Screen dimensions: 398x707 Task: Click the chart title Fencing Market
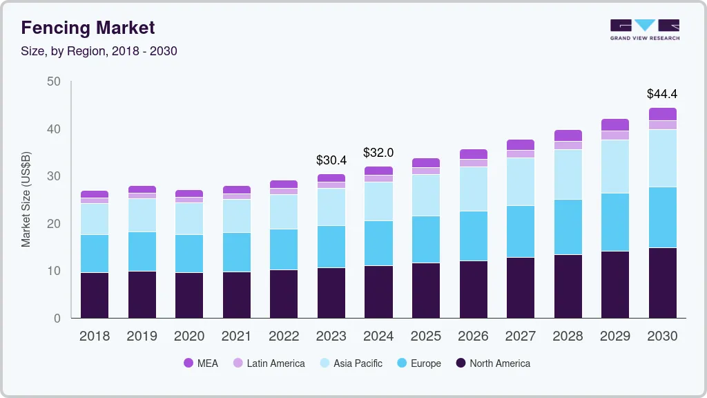pyautogui.click(x=88, y=28)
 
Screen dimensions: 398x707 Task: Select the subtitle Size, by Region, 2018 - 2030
pyautogui.click(x=99, y=51)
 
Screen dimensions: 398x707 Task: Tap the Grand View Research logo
pyautogui.click(x=644, y=30)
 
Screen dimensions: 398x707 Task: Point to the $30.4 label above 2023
pyautogui.click(x=331, y=160)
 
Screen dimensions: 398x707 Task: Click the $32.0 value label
pyautogui.click(x=378, y=153)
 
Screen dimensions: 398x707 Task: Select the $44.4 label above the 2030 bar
pyautogui.click(x=662, y=94)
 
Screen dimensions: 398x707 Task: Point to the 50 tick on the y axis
pyautogui.click(x=54, y=82)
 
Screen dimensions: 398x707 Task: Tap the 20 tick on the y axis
pyautogui.click(x=54, y=224)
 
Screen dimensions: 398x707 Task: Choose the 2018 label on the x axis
pyautogui.click(x=95, y=337)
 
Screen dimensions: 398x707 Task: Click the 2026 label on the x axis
pyautogui.click(x=473, y=337)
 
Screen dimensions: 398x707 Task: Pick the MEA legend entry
pyautogui.click(x=200, y=363)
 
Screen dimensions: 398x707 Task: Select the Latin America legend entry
pyautogui.click(x=269, y=363)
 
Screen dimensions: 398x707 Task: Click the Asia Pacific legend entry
pyautogui.click(x=350, y=363)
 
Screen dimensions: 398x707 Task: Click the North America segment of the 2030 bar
pyautogui.click(x=662, y=283)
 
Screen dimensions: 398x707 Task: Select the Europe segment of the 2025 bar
pyautogui.click(x=426, y=239)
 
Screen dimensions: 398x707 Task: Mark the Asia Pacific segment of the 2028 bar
pyautogui.click(x=568, y=174)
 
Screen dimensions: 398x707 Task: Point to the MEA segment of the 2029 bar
pyautogui.click(x=614, y=124)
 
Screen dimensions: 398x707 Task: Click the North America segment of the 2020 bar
pyautogui.click(x=189, y=295)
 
